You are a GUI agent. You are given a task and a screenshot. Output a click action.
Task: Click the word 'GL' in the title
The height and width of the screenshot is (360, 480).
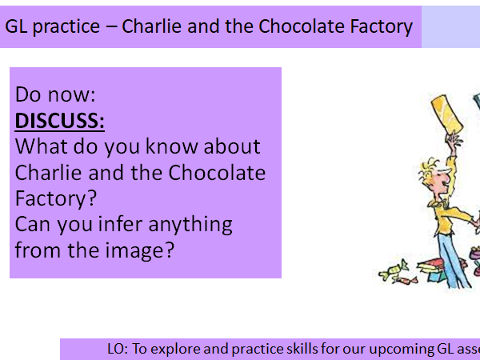pos(16,26)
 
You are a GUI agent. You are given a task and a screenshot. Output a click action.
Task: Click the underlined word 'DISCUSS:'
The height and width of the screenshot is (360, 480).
pos(60,121)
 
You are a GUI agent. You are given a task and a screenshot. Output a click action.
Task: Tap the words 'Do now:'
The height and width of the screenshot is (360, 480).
pos(55,95)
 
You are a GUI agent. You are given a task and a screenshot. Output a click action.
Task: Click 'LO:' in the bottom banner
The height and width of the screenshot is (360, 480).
pos(118,349)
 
